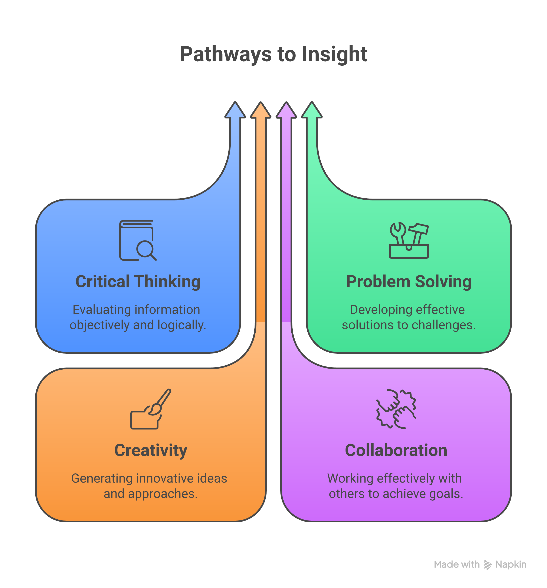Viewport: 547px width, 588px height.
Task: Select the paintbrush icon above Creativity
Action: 151,409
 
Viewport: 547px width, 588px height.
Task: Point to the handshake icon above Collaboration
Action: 396,409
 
